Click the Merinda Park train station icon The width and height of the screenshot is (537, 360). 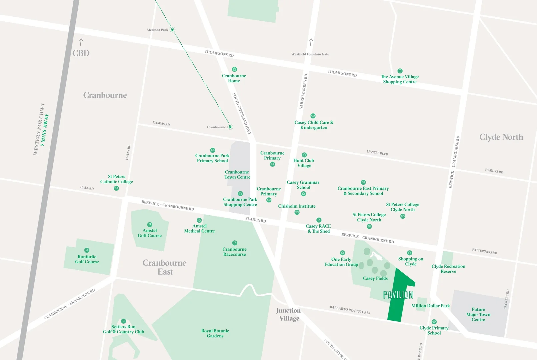point(172,30)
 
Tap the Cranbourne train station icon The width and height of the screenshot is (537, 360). point(230,127)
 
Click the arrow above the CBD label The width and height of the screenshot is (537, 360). point(81,42)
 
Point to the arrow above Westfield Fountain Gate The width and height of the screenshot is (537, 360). point(311,42)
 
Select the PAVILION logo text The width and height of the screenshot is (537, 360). point(398,295)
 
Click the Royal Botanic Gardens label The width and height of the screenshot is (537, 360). point(215,333)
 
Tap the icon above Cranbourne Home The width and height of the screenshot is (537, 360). point(234,69)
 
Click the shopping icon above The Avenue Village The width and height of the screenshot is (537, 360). point(400,71)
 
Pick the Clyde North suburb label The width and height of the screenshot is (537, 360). point(501,137)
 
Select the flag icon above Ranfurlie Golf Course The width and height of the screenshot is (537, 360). point(87,250)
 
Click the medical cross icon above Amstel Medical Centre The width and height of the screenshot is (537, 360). point(199,220)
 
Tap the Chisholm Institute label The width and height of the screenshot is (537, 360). point(297,206)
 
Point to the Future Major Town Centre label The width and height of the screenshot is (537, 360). point(478,314)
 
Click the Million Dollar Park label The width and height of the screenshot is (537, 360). point(430,306)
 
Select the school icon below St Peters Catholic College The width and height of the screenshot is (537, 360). point(116,188)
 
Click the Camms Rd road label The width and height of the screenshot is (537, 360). point(161,123)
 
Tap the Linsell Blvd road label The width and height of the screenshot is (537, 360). point(377,153)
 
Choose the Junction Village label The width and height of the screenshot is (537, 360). point(289,314)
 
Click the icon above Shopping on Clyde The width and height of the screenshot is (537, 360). point(410,253)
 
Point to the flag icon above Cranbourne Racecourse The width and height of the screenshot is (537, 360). point(235,243)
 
